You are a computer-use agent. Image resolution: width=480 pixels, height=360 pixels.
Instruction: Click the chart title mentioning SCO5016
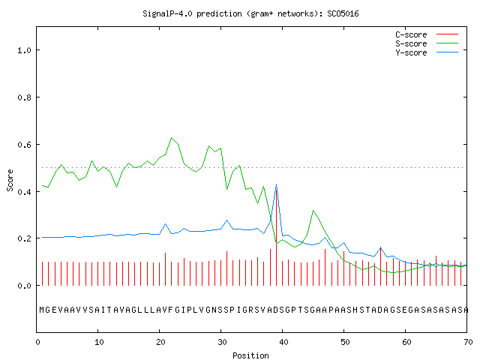tap(250, 13)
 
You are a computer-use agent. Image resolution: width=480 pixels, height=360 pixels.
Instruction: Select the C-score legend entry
tap(427, 34)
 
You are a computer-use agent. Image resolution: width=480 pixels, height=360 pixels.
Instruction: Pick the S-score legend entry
tap(427, 43)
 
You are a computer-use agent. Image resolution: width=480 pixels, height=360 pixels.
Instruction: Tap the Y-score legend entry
tap(427, 52)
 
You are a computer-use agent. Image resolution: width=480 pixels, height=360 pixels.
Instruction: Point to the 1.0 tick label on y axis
tap(25, 50)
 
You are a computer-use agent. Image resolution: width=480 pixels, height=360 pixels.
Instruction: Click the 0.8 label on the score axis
tap(25, 97)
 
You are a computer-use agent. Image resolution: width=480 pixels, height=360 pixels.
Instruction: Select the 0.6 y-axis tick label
tap(25, 145)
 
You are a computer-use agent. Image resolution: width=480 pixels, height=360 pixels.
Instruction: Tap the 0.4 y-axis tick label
tap(25, 192)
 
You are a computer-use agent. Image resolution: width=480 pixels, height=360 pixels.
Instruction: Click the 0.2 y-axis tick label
tap(25, 238)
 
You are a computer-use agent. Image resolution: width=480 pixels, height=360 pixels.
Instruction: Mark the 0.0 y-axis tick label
tap(25, 286)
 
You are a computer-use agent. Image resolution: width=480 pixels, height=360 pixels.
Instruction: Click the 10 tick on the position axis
tap(99, 342)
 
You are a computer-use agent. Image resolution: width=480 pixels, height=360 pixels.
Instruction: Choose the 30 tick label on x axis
tap(222, 342)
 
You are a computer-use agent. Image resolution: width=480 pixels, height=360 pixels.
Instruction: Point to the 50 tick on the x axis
tap(345, 342)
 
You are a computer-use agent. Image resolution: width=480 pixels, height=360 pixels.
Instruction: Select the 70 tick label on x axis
tap(468, 342)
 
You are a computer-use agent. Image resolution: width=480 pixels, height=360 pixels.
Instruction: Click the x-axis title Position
tap(250, 355)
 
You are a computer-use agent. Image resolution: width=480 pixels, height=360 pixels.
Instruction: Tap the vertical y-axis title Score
tap(10, 181)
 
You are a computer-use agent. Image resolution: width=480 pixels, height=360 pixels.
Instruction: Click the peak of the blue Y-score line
tap(277, 184)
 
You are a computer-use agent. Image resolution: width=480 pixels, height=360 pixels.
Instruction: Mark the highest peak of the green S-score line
tap(172, 138)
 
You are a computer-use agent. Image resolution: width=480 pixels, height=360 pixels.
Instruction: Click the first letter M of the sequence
tap(42, 310)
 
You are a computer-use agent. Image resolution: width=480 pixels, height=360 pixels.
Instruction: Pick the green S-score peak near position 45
tap(313, 210)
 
